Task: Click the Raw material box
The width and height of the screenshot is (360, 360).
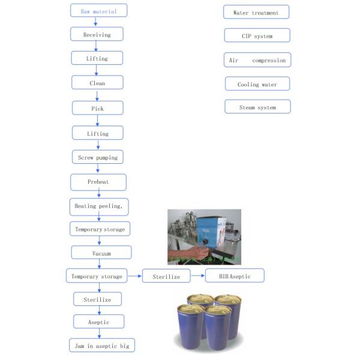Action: (98, 11)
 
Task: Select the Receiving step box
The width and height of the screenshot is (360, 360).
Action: (97, 34)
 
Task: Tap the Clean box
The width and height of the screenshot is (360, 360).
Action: (97, 83)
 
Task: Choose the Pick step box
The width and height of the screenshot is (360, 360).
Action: (97, 108)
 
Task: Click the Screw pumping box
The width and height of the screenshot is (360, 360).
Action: (98, 157)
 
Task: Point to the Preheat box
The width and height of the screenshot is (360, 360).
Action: (98, 181)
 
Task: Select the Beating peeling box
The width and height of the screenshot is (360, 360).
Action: (99, 206)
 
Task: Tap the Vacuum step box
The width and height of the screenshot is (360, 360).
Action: (101, 253)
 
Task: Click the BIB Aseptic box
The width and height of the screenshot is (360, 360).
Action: (234, 276)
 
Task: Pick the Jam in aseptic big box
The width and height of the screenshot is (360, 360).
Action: (101, 346)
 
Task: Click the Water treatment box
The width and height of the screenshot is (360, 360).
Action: (256, 12)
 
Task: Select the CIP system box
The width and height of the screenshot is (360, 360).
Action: (257, 36)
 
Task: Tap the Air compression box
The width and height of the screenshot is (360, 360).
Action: (257, 60)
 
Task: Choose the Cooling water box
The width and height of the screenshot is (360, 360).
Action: (257, 84)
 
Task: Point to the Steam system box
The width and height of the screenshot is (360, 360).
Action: (257, 107)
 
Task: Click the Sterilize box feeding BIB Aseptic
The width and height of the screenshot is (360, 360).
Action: (166, 276)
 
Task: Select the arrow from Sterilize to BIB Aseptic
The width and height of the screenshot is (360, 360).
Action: (197, 276)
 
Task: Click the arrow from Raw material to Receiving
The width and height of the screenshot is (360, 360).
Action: (96, 22)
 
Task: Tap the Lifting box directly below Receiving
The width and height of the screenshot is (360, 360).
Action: (97, 58)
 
